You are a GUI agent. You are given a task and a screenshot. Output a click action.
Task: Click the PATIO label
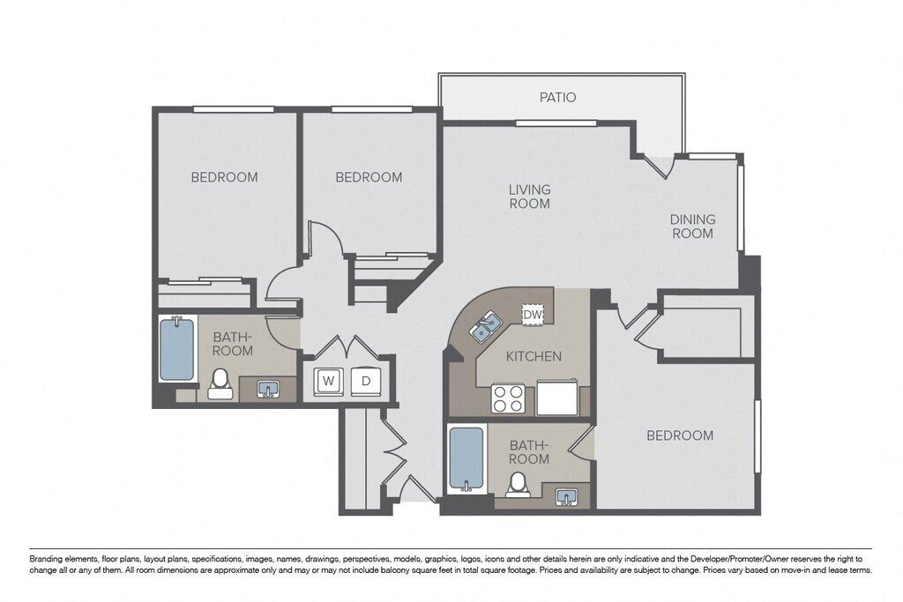tap(557, 97)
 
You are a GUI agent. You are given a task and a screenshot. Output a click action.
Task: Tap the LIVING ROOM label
tap(529, 197)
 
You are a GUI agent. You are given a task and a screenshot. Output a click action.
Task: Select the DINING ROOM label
tap(693, 227)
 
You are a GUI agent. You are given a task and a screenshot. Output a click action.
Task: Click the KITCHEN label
tap(534, 356)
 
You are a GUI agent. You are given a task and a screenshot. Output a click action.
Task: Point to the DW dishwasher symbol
tap(532, 315)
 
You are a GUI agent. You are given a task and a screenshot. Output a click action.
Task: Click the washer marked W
tap(329, 381)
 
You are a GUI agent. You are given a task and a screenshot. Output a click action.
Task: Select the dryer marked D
tap(366, 381)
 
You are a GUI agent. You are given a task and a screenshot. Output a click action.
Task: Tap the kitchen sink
tap(484, 327)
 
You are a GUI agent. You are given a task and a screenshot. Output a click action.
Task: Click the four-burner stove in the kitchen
tap(509, 398)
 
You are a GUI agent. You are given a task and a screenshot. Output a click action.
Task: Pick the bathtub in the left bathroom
tap(176, 349)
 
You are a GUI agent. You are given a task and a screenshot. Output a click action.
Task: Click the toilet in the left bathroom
tap(219, 384)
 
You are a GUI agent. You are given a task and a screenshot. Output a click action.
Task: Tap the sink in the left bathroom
tap(268, 389)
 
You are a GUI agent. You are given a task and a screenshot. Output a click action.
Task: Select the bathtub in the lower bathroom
tap(466, 459)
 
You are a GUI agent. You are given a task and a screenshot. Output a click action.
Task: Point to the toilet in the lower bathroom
tap(518, 484)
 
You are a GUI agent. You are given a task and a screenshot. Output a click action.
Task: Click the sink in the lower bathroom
tap(568, 497)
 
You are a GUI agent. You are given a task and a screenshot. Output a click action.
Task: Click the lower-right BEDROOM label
tap(680, 435)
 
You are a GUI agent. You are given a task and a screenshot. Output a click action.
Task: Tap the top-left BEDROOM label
tap(224, 177)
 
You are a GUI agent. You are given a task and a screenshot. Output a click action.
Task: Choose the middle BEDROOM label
tap(369, 177)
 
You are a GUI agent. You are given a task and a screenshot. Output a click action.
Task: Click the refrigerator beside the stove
tap(557, 398)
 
